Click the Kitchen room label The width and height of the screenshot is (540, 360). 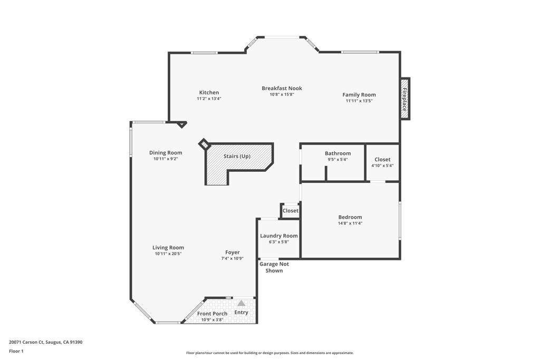[x=209, y=93]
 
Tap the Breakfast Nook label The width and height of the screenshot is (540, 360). [x=282, y=89]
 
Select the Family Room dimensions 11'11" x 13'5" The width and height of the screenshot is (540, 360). [x=359, y=101]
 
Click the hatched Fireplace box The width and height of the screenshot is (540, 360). [x=405, y=99]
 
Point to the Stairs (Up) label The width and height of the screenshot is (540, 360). [x=237, y=157]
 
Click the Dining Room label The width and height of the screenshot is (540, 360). [x=166, y=153]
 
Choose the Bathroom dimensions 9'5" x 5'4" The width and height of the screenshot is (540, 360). [x=337, y=160]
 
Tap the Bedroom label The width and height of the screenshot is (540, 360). [x=350, y=217]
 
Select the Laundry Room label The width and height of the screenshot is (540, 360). [x=279, y=236]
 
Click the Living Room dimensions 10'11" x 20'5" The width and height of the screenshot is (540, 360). [x=168, y=254]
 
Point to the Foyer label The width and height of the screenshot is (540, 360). [x=233, y=252]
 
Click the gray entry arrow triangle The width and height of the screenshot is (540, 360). [x=241, y=303]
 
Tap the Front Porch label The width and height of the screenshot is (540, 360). [x=213, y=314]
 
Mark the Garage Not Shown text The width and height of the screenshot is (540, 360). [x=274, y=267]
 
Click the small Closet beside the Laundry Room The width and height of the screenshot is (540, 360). [x=290, y=211]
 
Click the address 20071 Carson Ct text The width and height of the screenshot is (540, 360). [x=45, y=342]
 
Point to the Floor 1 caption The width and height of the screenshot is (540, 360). [x=16, y=351]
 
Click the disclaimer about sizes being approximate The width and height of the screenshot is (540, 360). [x=269, y=353]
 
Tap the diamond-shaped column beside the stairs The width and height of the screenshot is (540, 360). [x=204, y=144]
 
